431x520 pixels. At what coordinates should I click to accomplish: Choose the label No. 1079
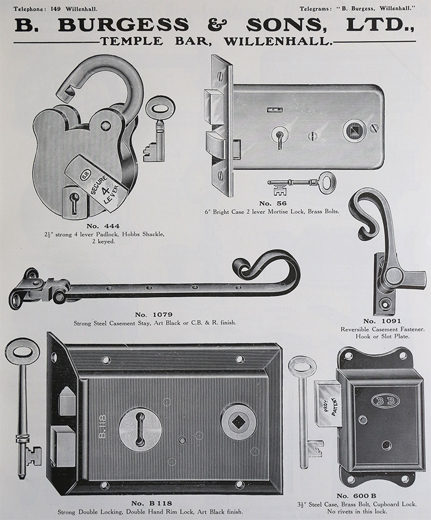(x=154, y=314)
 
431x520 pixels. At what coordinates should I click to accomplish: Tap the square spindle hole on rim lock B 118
(x=238, y=421)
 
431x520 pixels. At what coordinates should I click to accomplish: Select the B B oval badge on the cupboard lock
(x=386, y=400)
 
